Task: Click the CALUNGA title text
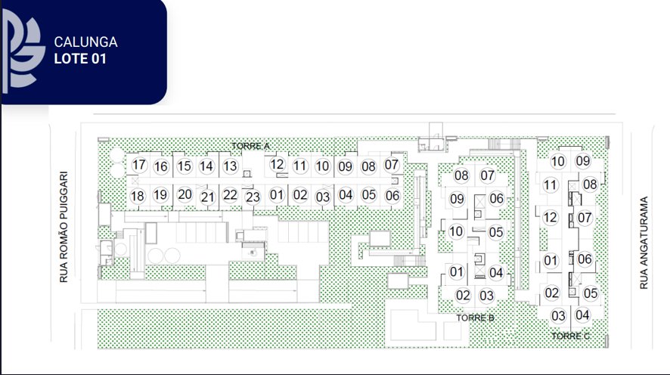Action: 86,42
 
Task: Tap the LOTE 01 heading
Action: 80,58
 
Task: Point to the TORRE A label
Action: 251,146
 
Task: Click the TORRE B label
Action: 475,318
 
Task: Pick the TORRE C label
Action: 570,336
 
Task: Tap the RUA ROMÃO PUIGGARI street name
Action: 64,228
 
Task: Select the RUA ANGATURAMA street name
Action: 644,243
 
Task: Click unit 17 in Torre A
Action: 139,165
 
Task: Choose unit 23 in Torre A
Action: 253,197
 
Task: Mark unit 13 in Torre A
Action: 230,166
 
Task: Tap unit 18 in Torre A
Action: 137,196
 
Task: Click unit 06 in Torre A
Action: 392,196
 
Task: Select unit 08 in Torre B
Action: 461,175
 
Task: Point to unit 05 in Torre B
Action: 495,232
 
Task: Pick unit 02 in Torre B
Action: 463,295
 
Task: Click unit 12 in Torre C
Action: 550,218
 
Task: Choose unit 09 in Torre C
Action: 583,161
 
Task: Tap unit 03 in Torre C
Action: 558,315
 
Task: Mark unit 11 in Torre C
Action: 550,185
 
